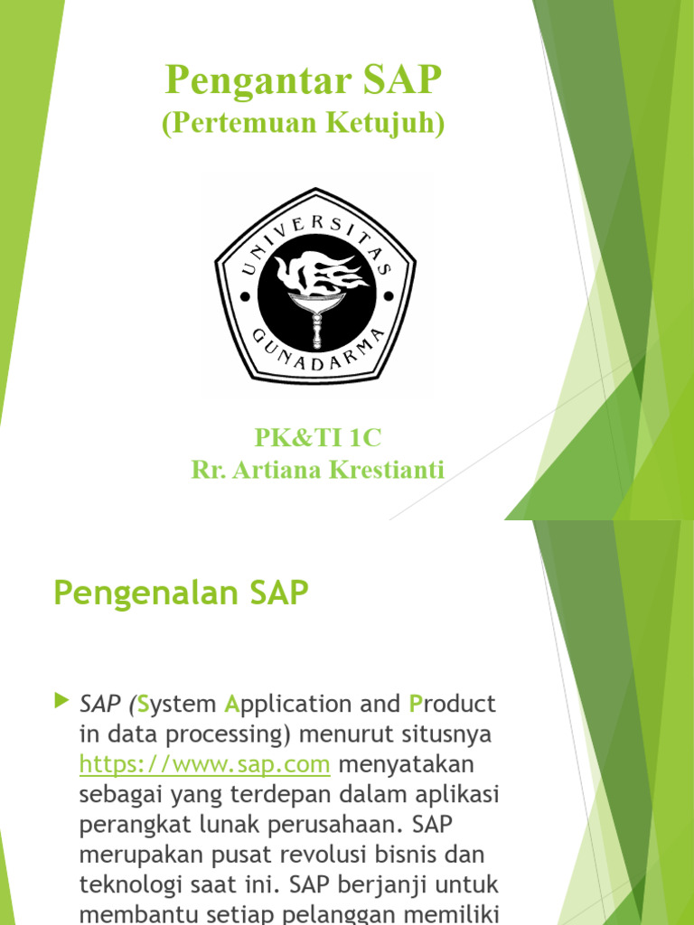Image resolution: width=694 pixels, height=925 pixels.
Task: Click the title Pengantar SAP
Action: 304,81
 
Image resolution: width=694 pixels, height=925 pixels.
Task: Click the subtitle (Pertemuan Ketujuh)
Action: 304,124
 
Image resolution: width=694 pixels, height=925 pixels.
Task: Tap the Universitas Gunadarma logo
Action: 314,285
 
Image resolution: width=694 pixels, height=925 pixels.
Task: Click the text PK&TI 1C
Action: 318,438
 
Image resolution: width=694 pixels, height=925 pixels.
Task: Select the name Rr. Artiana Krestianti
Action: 318,469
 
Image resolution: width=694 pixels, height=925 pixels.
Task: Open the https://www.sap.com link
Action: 204,764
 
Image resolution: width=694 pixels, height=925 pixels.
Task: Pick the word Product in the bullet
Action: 453,703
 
